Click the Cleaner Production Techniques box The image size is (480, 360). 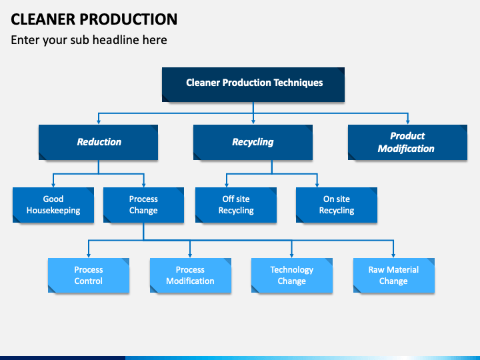[x=253, y=85]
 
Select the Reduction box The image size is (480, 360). [x=98, y=142]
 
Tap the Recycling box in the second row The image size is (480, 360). [x=253, y=142]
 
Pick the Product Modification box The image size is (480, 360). [x=407, y=142]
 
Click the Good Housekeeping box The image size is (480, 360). [x=53, y=205]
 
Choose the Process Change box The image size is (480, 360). [x=143, y=205]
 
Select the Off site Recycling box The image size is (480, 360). [x=236, y=205]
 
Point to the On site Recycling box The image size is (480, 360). [x=337, y=205]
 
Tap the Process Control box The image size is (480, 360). [x=89, y=275]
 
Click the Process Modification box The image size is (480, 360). [x=191, y=275]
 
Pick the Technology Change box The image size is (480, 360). [x=292, y=275]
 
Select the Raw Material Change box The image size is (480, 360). [x=394, y=275]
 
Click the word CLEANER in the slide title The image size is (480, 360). [x=43, y=19]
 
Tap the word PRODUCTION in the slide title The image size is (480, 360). [x=129, y=19]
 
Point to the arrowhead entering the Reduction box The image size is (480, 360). [x=99, y=122]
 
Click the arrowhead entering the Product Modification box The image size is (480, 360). [x=408, y=122]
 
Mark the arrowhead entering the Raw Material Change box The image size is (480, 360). [x=393, y=255]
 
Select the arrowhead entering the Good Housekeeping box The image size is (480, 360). [x=53, y=185]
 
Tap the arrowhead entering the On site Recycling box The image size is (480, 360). [x=317, y=185]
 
